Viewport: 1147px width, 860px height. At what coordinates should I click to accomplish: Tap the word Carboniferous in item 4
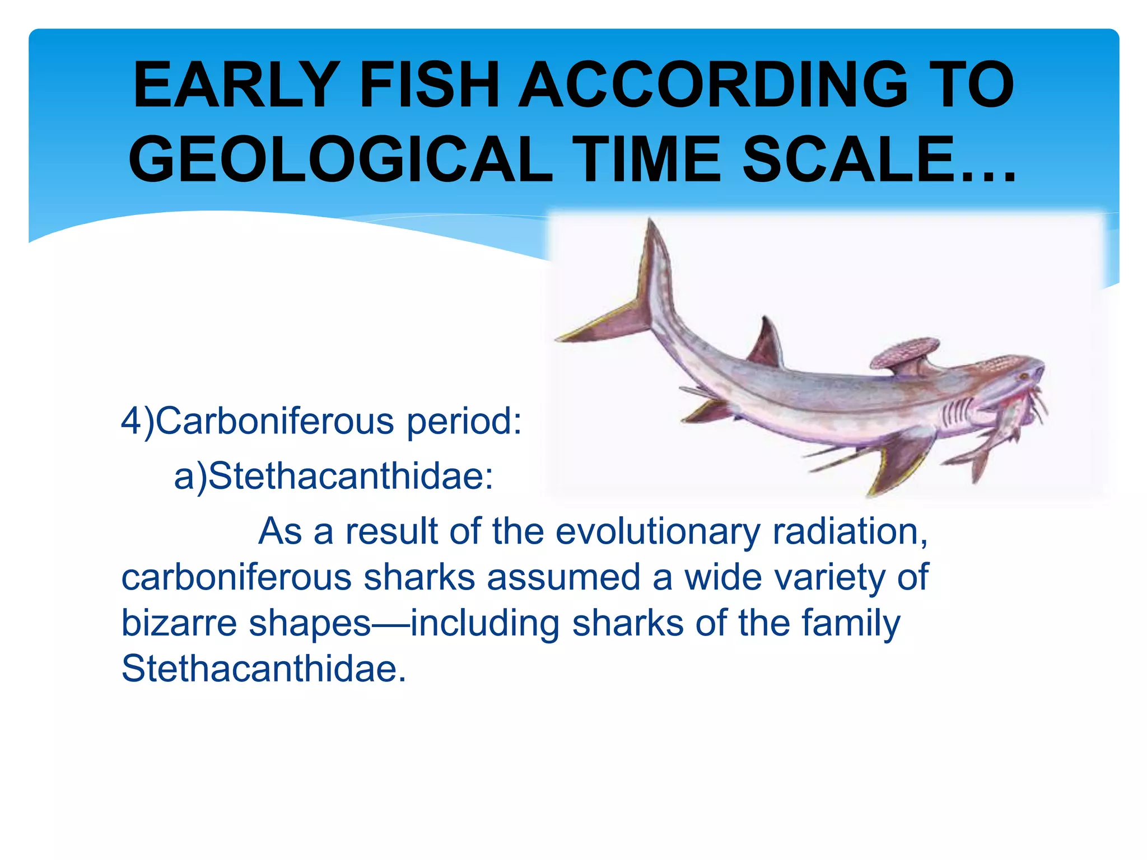click(274, 420)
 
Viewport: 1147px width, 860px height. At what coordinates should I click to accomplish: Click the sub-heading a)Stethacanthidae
click(334, 476)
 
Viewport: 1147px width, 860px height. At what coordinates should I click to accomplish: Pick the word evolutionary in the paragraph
click(658, 531)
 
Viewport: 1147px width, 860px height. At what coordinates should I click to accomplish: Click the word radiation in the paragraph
click(849, 531)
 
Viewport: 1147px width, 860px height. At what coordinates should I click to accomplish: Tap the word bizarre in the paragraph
click(179, 623)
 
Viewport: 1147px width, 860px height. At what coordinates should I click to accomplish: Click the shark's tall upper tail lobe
click(655, 263)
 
